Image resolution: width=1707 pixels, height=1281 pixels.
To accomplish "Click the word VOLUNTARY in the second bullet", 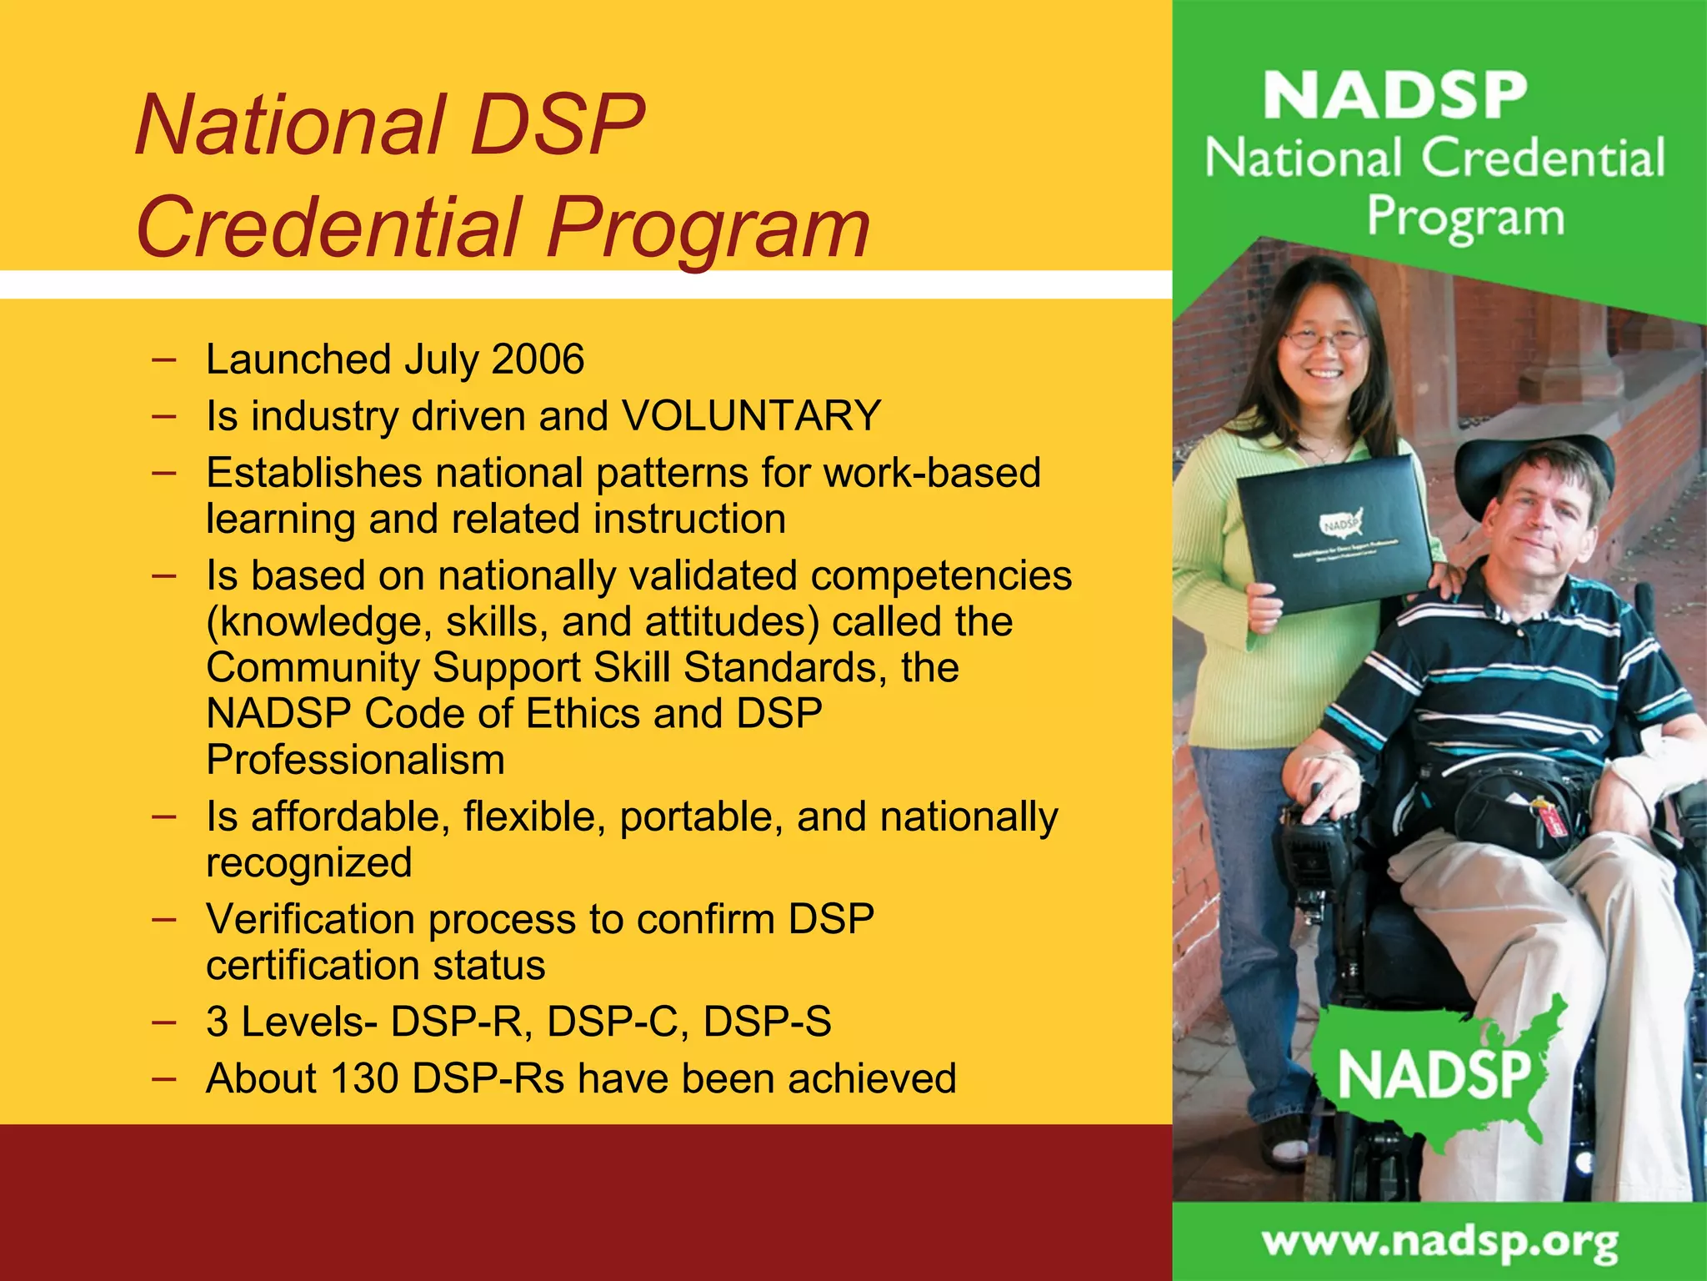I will coord(751,415).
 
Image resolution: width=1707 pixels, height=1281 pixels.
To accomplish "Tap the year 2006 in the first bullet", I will coord(538,359).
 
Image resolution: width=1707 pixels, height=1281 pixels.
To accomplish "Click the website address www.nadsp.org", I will coord(1439,1243).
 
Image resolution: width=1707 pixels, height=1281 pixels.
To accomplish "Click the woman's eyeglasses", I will coord(1324,339).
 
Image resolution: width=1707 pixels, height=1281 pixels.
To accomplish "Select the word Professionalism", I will coord(355,760).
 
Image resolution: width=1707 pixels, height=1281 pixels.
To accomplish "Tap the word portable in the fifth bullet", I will coord(701,816).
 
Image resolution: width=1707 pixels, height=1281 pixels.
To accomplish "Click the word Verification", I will coord(310,919).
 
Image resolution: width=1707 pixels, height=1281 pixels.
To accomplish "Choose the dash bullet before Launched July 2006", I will coord(164,359).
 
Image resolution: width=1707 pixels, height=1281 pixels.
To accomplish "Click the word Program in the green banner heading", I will coord(1464,218).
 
